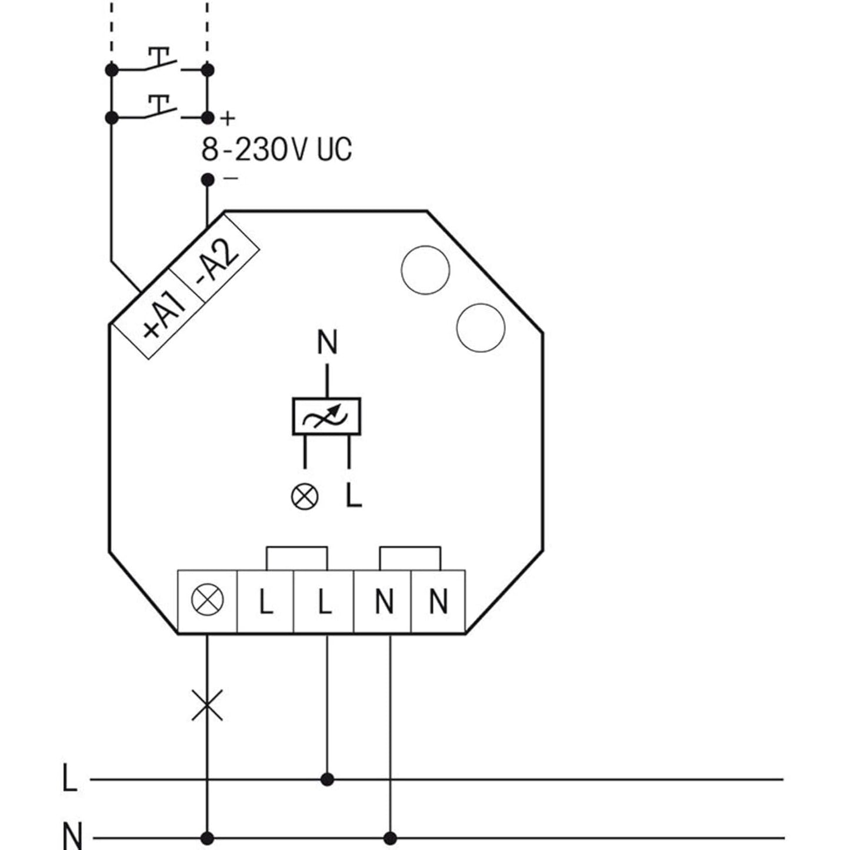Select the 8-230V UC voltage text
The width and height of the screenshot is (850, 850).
[x=276, y=149]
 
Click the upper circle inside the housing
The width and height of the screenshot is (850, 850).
[x=425, y=271]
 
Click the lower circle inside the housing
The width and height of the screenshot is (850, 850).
[x=481, y=328]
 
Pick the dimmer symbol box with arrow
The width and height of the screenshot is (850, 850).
[x=326, y=416]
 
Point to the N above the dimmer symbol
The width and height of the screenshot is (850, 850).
[x=327, y=342]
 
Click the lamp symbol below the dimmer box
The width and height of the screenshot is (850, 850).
[x=305, y=497]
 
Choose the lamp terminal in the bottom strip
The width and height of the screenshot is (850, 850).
[x=208, y=601]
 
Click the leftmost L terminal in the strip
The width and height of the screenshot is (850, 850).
[x=265, y=601]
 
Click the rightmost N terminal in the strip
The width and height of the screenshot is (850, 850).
[x=438, y=601]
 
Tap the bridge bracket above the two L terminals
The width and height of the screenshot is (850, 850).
[x=296, y=557]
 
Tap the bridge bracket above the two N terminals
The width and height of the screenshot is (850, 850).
[x=410, y=557]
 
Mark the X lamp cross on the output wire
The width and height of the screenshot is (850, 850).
[x=208, y=705]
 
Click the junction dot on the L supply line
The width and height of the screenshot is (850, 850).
[x=328, y=779]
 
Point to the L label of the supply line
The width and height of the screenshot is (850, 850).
[x=69, y=779]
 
